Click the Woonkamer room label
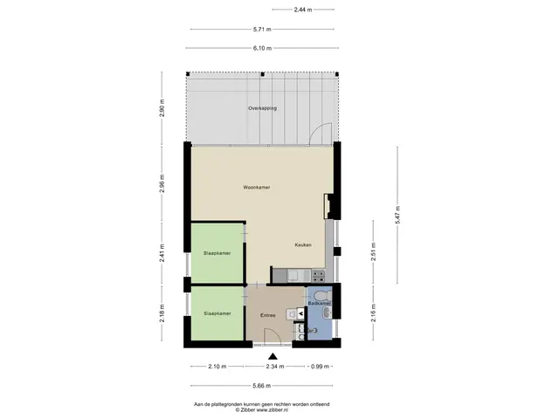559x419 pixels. [x=256, y=187]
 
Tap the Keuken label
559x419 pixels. [x=303, y=244]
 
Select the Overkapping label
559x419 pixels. [x=262, y=108]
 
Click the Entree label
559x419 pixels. [x=268, y=315]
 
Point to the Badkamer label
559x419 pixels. [x=320, y=303]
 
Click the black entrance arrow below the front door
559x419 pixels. [x=273, y=356]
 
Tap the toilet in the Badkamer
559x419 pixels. [x=324, y=295]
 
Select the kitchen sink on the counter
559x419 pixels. [x=299, y=275]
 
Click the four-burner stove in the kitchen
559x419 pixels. [x=318, y=275]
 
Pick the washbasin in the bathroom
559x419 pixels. [x=328, y=313]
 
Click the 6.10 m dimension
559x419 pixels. [x=262, y=48]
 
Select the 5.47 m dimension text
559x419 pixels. [x=397, y=215]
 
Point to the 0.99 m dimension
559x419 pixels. [x=321, y=367]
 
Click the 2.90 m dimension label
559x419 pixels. [x=162, y=108]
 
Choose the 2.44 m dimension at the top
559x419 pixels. [x=303, y=10]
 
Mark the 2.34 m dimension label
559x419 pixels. [x=275, y=367]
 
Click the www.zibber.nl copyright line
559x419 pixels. [x=262, y=410]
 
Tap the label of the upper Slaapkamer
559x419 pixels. [x=217, y=253]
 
